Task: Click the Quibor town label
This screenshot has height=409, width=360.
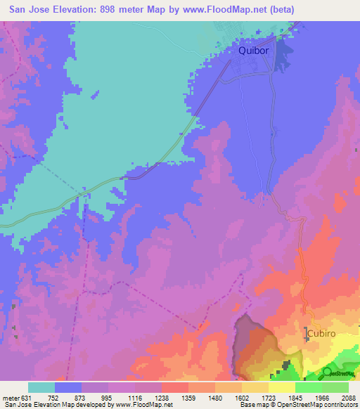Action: pyautogui.click(x=253, y=51)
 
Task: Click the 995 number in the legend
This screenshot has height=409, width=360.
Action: pyautogui.click(x=108, y=397)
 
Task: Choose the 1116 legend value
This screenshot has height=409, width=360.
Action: pyautogui.click(x=135, y=397)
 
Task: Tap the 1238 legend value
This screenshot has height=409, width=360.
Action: pyautogui.click(x=162, y=397)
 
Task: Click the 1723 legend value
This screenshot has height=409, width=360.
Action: pyautogui.click(x=269, y=397)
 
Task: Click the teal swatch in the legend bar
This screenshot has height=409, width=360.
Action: pyautogui.click(x=41, y=387)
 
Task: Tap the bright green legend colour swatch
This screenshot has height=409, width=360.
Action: pyautogui.click(x=309, y=387)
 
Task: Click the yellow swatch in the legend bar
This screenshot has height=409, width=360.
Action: pyautogui.click(x=282, y=387)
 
